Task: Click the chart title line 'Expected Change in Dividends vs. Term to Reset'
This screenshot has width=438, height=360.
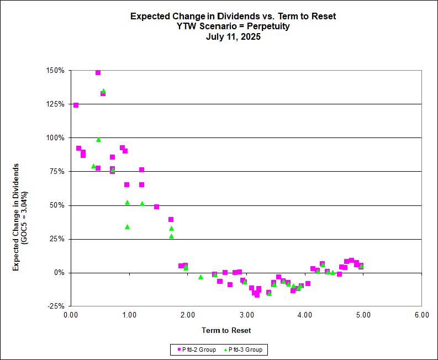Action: pyautogui.click(x=233, y=16)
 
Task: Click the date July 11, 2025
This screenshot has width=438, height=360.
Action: pyautogui.click(x=233, y=37)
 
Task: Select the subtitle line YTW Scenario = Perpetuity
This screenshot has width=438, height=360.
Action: pyautogui.click(x=233, y=27)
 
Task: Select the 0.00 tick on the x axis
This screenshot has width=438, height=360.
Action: pyautogui.click(x=71, y=315)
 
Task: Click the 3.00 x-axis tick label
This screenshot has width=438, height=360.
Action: pyautogui.click(x=246, y=315)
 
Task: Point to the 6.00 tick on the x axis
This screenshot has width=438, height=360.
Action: pyautogui.click(x=421, y=315)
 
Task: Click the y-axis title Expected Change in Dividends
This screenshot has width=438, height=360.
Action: pyautogui.click(x=17, y=216)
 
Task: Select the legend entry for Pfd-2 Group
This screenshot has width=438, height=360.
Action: pyautogui.click(x=197, y=350)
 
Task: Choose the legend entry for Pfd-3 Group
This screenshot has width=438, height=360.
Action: pyautogui.click(x=243, y=350)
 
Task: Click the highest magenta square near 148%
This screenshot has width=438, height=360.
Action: pyautogui.click(x=98, y=72)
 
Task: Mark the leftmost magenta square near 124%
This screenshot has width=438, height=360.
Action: pyautogui.click(x=76, y=105)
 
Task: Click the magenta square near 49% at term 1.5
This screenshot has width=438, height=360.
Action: pyautogui.click(x=156, y=207)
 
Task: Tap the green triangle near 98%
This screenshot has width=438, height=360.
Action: pyautogui.click(x=98, y=140)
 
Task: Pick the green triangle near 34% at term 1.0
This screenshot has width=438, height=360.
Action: pyautogui.click(x=127, y=226)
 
